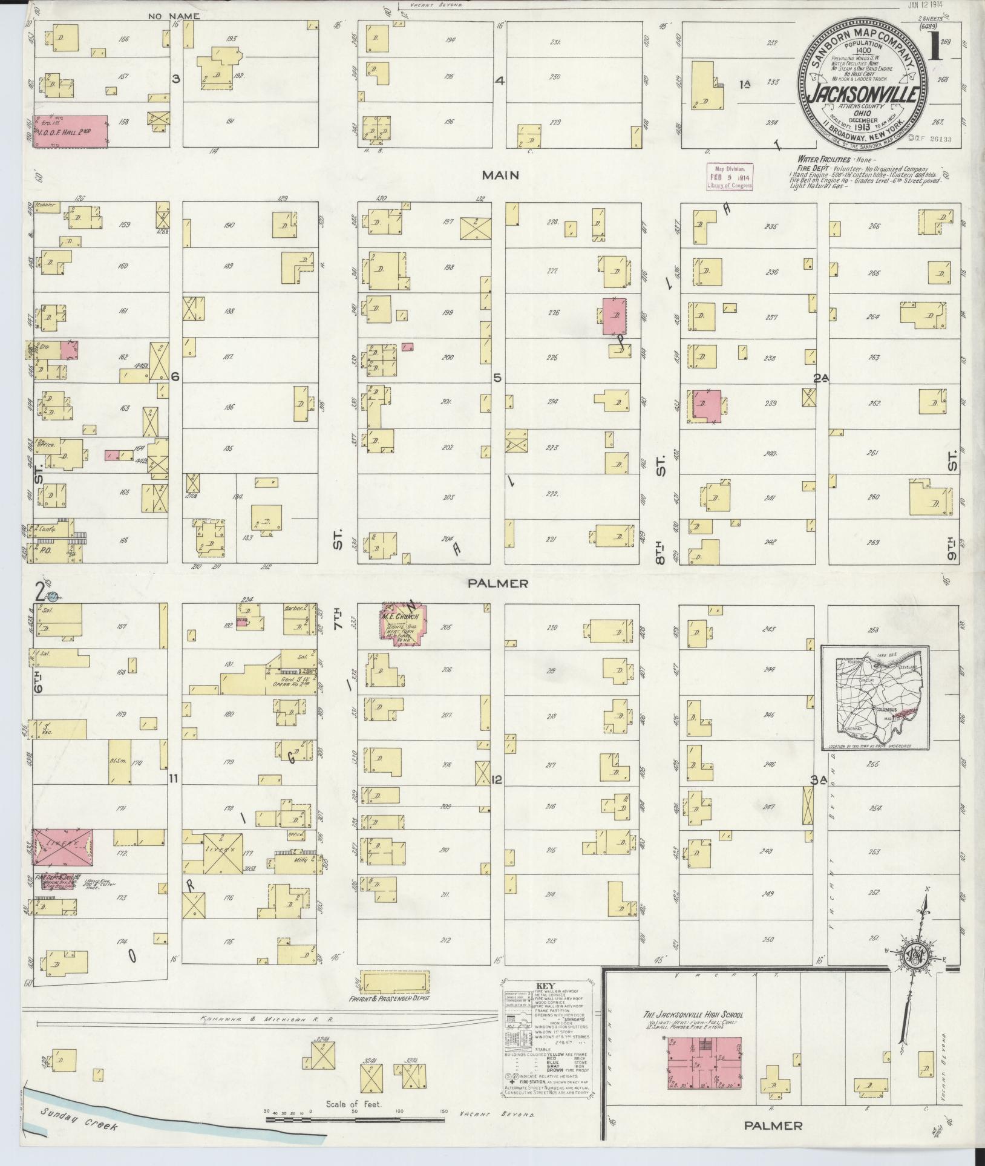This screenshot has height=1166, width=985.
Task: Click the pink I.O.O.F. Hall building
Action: click(x=70, y=131)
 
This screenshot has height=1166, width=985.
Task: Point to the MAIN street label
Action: click(x=501, y=175)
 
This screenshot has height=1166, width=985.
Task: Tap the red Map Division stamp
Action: click(x=730, y=178)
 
